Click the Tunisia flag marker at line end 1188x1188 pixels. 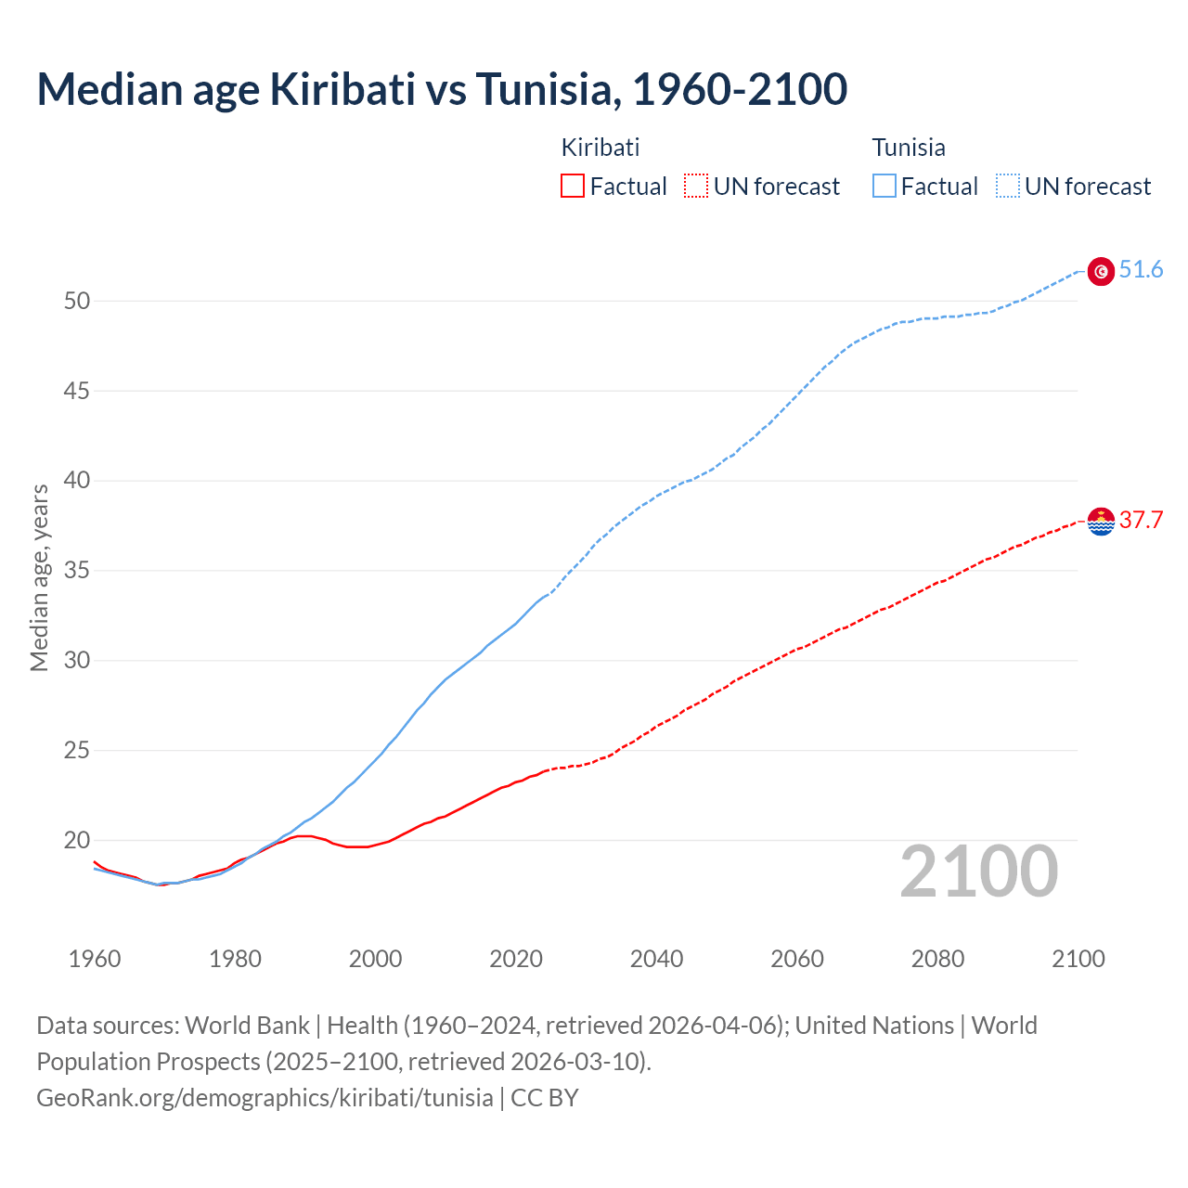[x=1101, y=271]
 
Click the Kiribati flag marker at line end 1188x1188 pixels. [x=1101, y=522]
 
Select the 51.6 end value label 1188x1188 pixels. [x=1141, y=270]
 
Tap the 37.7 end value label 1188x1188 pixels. [x=1141, y=521]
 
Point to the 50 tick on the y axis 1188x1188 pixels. [x=77, y=301]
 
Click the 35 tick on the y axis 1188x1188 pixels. [x=77, y=570]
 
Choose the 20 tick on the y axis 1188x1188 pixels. [x=77, y=840]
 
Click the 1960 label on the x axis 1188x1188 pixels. [x=95, y=959]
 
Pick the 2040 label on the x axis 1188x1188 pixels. [x=656, y=959]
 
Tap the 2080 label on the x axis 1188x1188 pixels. [x=937, y=959]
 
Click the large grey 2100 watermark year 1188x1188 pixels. [x=978, y=872]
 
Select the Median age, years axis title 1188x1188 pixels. [x=39, y=577]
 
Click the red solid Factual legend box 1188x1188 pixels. [x=573, y=187]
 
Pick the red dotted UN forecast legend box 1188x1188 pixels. [x=696, y=187]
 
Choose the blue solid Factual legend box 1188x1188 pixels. [x=884, y=187]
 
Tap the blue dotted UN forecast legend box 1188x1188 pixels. [x=1007, y=187]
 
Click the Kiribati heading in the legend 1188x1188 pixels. [x=600, y=148]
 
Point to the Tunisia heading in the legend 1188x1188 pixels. [x=909, y=148]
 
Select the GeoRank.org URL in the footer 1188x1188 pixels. [x=265, y=1098]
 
